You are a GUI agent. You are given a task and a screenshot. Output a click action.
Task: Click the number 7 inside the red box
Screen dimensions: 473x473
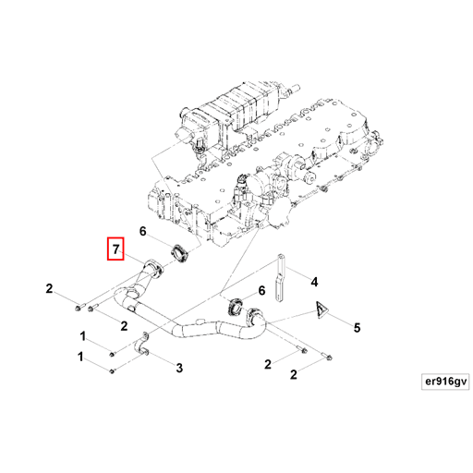[115, 249]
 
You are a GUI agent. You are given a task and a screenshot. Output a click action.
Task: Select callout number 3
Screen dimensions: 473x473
[179, 368]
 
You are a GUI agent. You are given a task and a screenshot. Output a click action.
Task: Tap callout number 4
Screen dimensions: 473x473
[314, 282]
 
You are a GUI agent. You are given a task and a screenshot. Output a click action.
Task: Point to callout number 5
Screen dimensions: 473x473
[357, 328]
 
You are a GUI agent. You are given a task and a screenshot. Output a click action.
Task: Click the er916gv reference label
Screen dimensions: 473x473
[445, 382]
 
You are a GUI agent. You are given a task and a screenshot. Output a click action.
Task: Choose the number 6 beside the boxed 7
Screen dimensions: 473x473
[142, 231]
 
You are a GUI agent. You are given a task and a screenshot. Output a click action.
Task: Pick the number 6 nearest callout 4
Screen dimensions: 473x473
[261, 290]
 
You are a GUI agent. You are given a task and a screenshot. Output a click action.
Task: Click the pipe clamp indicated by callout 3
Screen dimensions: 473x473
[141, 346]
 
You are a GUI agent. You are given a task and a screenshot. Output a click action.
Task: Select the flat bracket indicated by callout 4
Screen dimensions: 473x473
[280, 278]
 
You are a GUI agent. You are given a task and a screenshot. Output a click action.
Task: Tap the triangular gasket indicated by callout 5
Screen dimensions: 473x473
[321, 310]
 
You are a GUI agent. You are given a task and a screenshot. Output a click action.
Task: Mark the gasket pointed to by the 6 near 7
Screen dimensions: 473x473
[179, 253]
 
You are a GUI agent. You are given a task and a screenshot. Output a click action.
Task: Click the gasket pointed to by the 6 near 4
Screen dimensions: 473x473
[236, 307]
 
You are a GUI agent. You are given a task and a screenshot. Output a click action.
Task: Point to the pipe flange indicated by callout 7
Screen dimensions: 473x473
[154, 268]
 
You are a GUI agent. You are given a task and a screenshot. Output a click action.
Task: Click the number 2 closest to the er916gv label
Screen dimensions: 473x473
[294, 374]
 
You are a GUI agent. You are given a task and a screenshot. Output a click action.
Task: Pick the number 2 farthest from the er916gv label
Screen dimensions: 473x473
[49, 288]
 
